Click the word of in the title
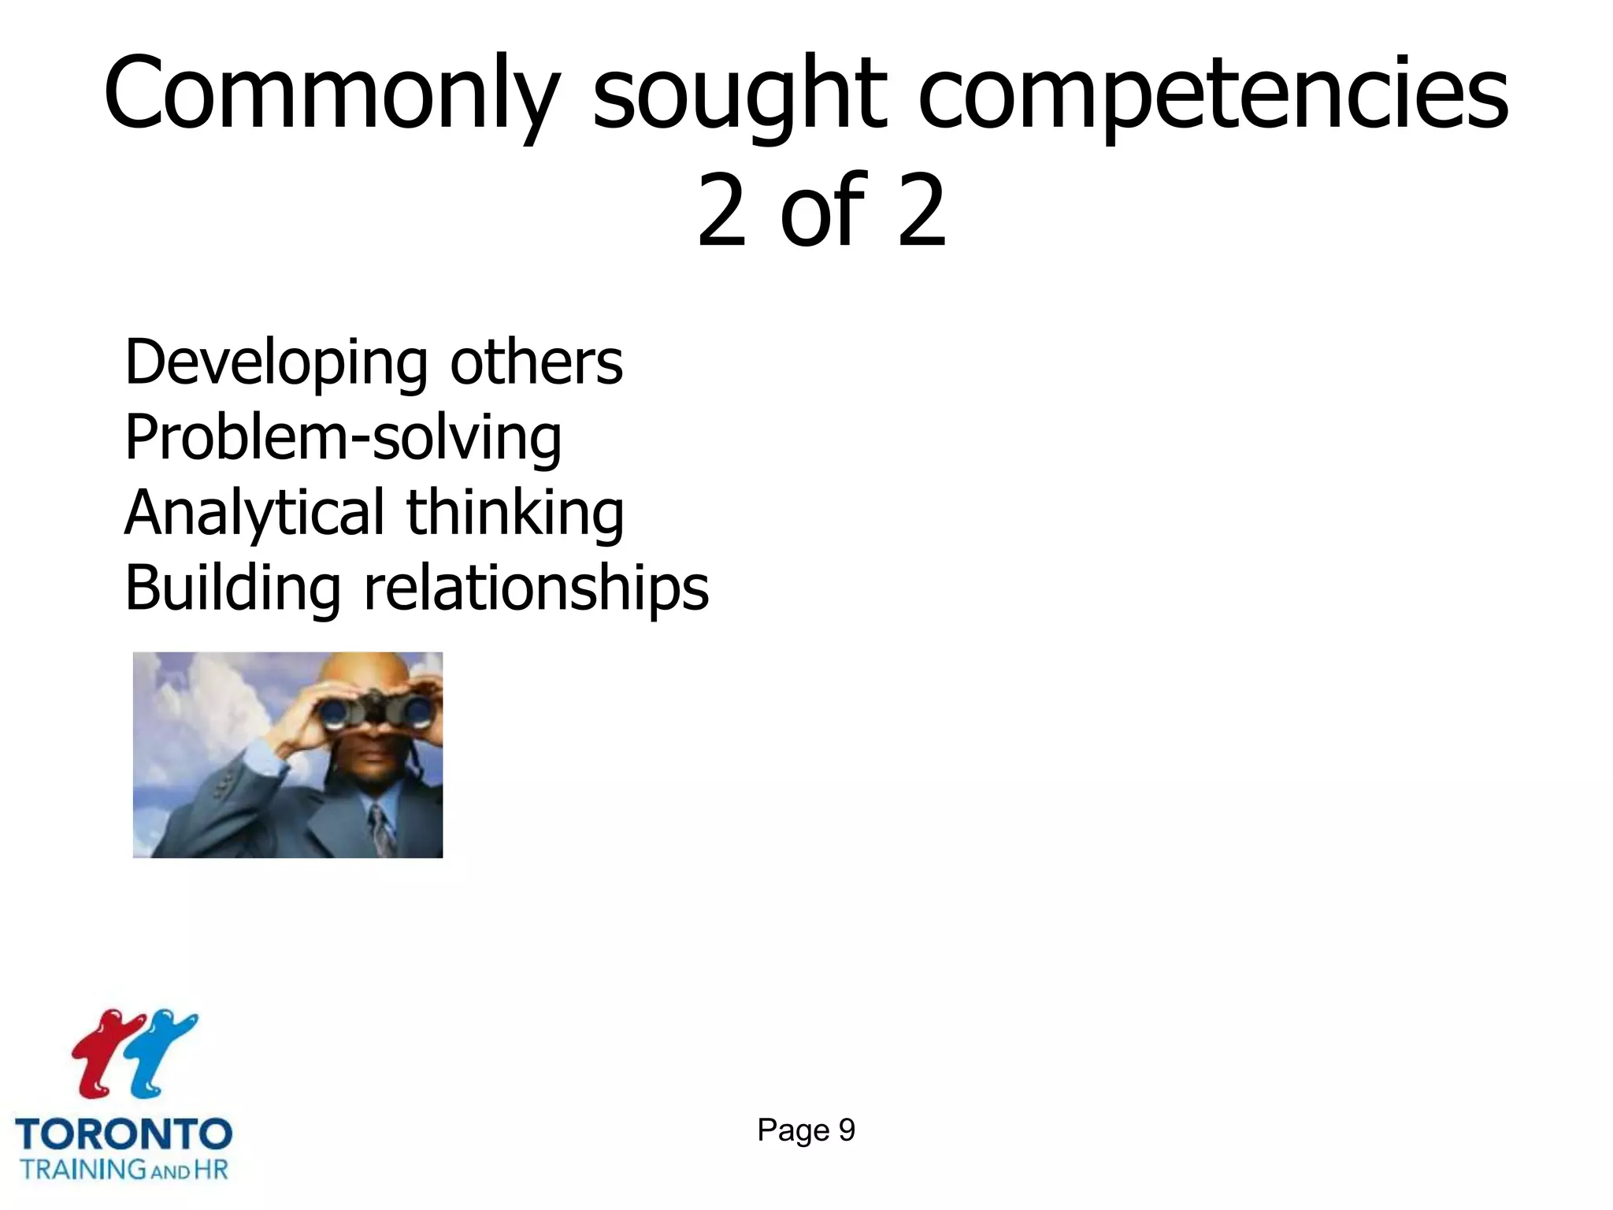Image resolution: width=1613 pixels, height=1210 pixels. [823, 211]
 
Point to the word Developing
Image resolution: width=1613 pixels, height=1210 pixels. [276, 364]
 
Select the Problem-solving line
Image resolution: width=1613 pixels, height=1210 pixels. [343, 438]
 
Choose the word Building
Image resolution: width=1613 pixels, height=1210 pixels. [232, 588]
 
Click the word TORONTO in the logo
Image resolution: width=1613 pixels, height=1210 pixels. [124, 1134]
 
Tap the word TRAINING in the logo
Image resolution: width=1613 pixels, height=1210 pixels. [83, 1169]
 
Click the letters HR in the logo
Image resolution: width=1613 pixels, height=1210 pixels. [211, 1169]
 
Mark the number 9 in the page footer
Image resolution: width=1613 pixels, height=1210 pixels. [847, 1130]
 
